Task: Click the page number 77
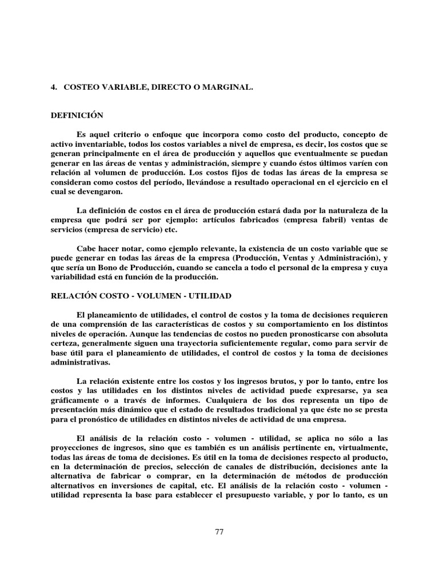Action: pyautogui.click(x=219, y=532)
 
